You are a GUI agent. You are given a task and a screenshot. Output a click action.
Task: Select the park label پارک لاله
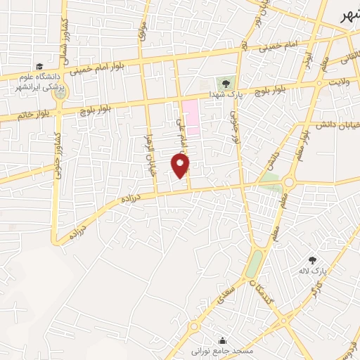click(320, 270)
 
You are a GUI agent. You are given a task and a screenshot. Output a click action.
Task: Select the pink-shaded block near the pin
click(191, 115)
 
